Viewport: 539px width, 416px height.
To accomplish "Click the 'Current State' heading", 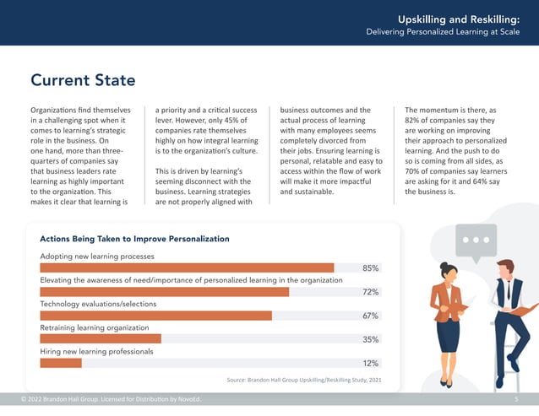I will pos(83,81).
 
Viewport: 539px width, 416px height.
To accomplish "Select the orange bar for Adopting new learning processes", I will pos(187,267).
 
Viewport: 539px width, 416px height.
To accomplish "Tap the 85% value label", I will pos(370,268).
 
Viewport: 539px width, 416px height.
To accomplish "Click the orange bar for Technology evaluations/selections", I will pos(156,316).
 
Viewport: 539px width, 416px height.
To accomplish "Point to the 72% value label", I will pos(370,292).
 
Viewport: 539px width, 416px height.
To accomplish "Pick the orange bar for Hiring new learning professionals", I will pos(61,363).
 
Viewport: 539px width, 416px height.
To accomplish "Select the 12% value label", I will pos(370,364).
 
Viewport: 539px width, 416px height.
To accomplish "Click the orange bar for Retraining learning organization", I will pos(101,339).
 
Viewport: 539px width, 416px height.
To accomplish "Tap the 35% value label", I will pos(370,340).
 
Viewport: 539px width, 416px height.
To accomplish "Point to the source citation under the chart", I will pos(304,381).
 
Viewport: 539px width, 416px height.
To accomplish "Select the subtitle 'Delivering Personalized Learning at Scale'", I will pos(448,33).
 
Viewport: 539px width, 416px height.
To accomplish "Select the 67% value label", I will pos(370,316).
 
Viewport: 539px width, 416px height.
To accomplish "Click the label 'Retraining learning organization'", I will pos(95,327).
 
